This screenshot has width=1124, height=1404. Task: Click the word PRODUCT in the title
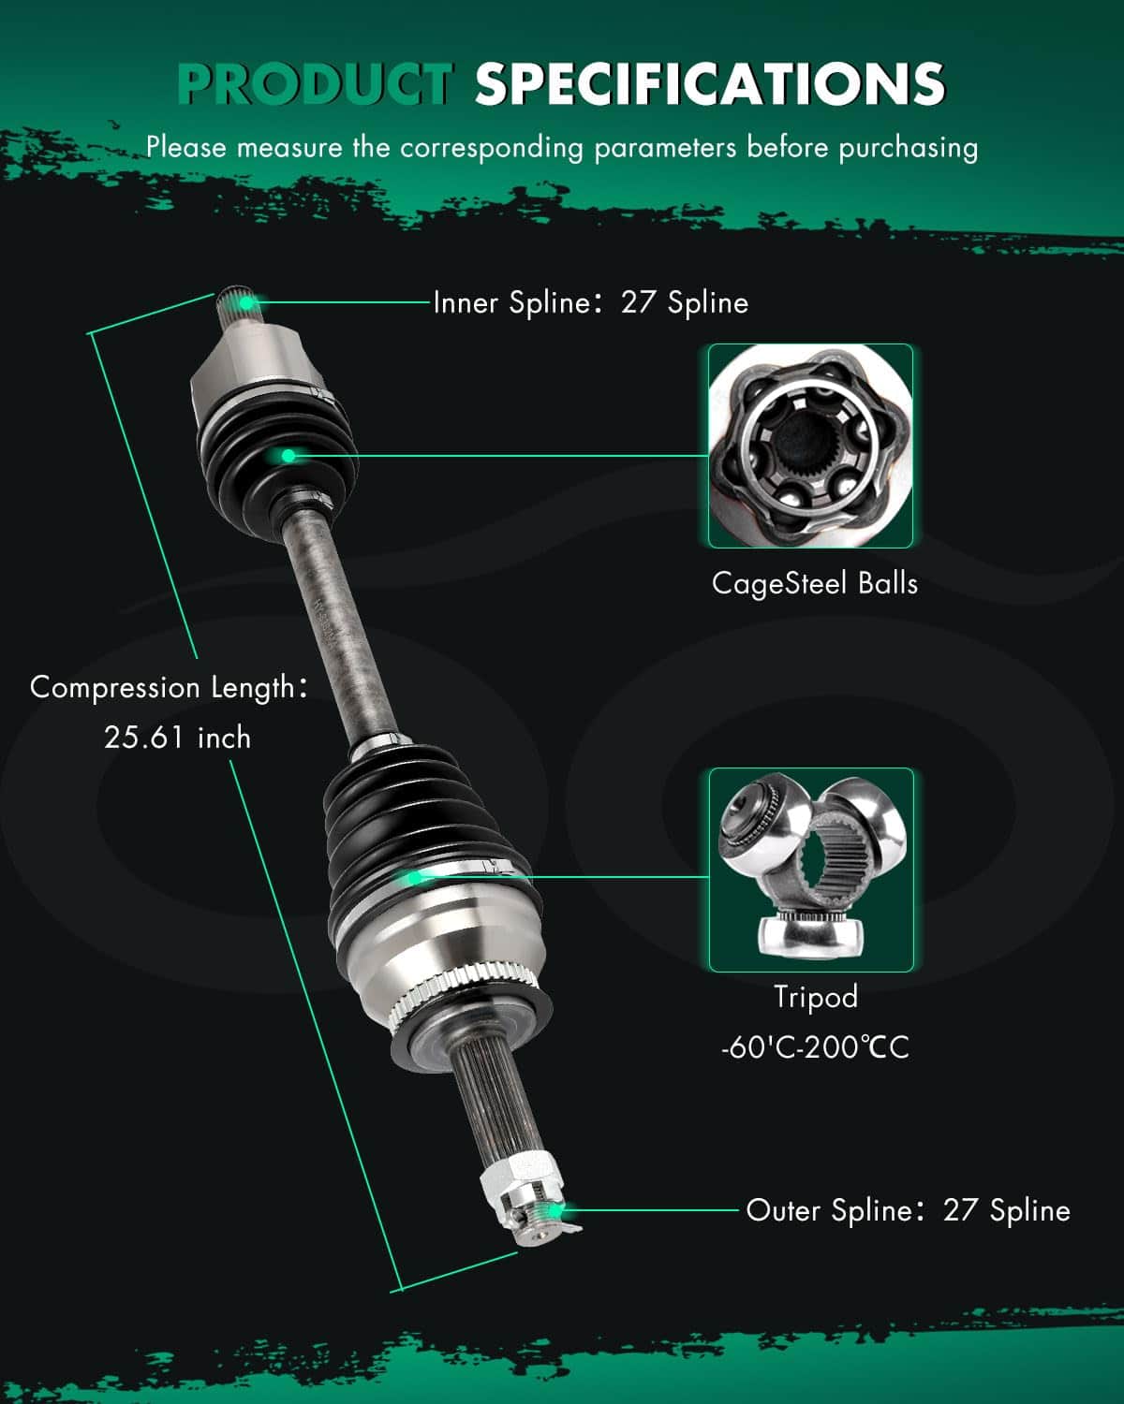(x=315, y=83)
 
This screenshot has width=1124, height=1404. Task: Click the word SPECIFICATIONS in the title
(x=709, y=83)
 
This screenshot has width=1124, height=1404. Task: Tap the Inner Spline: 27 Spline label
(x=590, y=302)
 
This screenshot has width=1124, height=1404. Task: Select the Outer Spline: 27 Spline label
(x=908, y=1210)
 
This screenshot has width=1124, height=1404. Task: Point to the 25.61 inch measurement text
(x=178, y=738)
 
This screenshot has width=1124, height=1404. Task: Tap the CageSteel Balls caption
(x=814, y=583)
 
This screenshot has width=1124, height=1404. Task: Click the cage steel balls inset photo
(x=810, y=446)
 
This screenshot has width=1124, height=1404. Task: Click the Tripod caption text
(x=815, y=997)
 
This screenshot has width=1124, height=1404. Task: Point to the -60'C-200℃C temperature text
(x=815, y=1046)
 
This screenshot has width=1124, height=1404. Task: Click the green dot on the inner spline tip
(x=246, y=302)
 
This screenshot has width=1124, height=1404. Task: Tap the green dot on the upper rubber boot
(x=288, y=456)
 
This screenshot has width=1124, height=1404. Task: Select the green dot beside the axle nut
(x=559, y=1210)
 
